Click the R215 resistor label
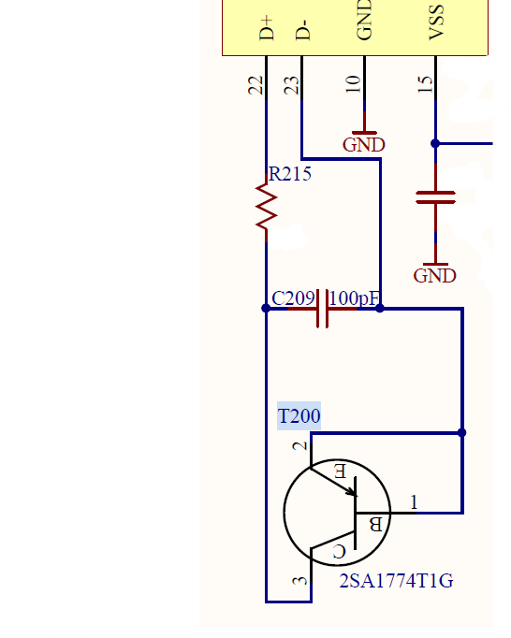coord(290,174)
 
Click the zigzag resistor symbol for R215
coord(267,208)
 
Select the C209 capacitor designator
coord(293,298)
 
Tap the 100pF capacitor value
coord(354,298)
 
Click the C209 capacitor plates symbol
coord(323,309)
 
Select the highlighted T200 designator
coord(299,416)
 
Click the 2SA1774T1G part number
coord(396,581)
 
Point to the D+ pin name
coord(267,28)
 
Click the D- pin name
coord(302,30)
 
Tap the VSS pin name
coord(436,22)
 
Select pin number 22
coord(255,85)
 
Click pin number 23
coord(291,85)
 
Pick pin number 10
coord(353,84)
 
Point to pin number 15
coord(425,84)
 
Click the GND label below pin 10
coord(364,145)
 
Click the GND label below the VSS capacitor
coord(434,276)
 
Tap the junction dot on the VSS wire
coord(435,143)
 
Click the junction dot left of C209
coord(266,309)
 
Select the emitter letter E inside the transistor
coord(341,471)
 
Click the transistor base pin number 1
coord(414,502)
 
